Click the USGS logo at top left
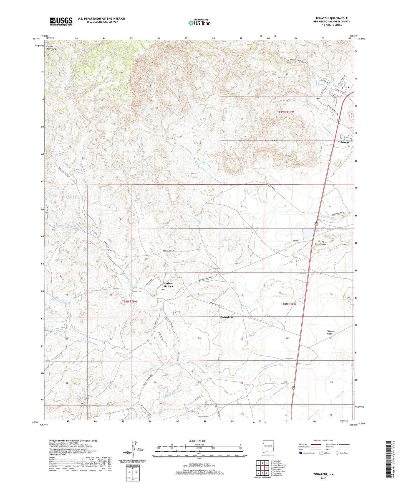point(61,21)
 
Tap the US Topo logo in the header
point(199,23)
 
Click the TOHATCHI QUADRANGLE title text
point(331,18)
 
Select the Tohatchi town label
point(343,142)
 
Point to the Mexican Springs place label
point(168,285)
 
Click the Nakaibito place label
point(227,317)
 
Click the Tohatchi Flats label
point(331,333)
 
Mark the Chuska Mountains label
point(51,47)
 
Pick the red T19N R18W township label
point(286,112)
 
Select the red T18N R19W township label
point(130,301)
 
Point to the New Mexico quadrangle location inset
point(268,446)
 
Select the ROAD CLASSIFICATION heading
point(323,440)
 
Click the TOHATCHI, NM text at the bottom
point(323,474)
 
